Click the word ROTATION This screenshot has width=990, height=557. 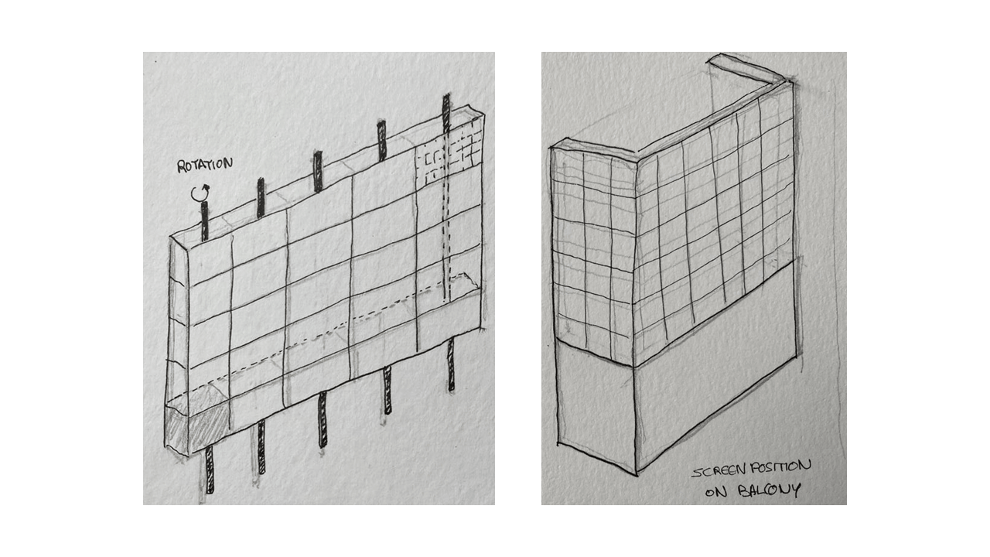point(205,165)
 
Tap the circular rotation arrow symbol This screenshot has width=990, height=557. point(200,193)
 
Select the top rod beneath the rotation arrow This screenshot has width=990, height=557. point(204,221)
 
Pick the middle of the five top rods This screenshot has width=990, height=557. point(318,172)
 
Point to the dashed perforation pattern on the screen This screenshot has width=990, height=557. point(448,155)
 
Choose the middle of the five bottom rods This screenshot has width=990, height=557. point(323,419)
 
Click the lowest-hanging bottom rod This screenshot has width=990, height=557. point(210,469)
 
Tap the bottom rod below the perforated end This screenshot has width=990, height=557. point(451,364)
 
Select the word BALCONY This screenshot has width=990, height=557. point(769,490)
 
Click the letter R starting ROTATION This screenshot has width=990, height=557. point(181,167)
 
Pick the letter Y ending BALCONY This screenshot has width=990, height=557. point(796,490)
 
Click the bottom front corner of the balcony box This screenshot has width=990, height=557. point(637,475)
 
